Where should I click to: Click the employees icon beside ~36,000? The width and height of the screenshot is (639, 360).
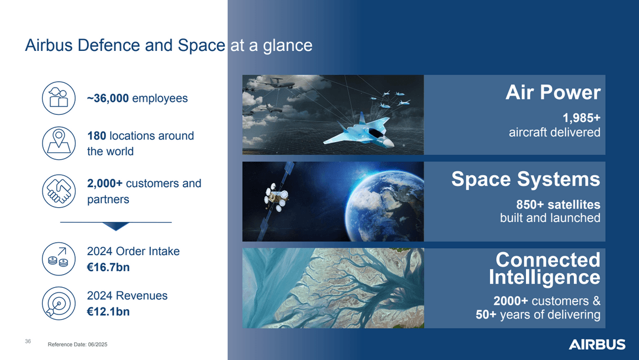click(58, 98)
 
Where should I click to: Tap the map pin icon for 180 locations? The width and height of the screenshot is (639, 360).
click(58, 143)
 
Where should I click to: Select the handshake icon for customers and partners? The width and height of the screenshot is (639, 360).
click(58, 191)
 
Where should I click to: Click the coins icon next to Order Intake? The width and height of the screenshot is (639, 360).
click(58, 259)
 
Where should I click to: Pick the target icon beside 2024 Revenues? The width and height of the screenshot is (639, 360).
click(58, 303)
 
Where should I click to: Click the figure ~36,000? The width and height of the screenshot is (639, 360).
click(108, 98)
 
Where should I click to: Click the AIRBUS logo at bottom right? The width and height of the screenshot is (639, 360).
click(596, 345)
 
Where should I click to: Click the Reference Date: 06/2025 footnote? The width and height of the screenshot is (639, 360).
click(78, 345)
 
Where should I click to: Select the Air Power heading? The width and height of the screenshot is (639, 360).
click(553, 93)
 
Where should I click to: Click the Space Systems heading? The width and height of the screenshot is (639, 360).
click(525, 179)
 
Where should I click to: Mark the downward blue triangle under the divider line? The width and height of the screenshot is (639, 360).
click(115, 226)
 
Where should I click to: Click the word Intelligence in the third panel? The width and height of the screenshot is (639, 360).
click(544, 277)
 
